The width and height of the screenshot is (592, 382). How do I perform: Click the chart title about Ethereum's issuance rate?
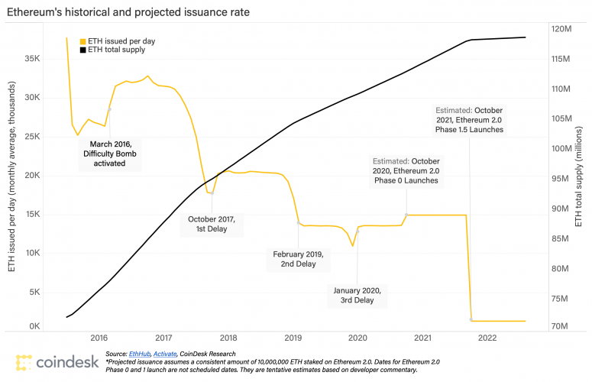point(128,12)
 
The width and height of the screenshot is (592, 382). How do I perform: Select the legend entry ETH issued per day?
point(114,40)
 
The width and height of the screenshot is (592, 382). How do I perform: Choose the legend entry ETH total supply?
point(115,50)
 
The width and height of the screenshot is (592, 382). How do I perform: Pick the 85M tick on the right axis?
point(561,239)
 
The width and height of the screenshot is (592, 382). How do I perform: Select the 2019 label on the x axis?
point(293,338)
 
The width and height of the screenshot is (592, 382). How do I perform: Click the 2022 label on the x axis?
point(487,338)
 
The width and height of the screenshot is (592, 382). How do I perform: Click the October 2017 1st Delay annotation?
point(212,224)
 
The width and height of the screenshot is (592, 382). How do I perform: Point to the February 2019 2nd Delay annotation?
point(299,259)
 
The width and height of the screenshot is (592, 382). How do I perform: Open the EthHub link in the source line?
point(140,354)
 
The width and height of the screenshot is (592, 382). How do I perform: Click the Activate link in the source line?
point(163,354)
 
